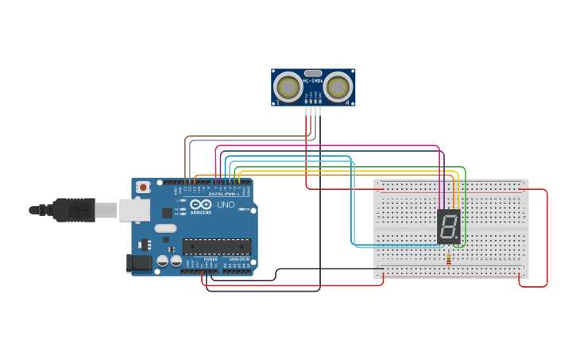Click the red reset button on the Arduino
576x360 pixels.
[143, 187]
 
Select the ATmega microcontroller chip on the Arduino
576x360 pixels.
[217, 246]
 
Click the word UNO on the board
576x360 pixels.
[226, 205]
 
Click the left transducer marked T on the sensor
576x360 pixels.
[288, 87]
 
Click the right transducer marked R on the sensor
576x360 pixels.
[338, 87]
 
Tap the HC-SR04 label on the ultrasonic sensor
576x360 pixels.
[313, 81]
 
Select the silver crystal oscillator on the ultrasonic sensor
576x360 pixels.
[313, 73]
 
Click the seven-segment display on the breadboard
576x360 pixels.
[448, 226]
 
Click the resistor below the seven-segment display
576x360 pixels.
[449, 258]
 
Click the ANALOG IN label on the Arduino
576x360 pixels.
[238, 259]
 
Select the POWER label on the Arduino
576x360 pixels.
[210, 259]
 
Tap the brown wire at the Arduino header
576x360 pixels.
[186, 171]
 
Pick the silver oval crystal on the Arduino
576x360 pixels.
[165, 229]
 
